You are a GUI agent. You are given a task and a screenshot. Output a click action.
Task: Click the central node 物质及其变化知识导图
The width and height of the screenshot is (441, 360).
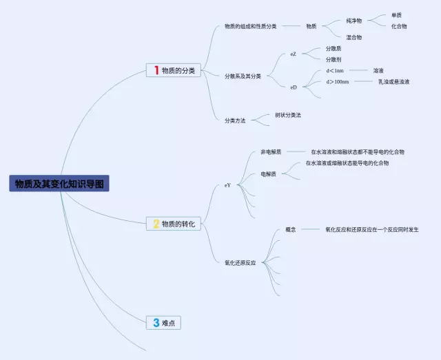click(x=59, y=184)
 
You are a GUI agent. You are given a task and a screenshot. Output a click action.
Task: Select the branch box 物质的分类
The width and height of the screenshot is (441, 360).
click(x=174, y=70)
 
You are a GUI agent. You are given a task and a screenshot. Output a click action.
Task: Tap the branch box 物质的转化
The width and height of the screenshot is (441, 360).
click(x=174, y=224)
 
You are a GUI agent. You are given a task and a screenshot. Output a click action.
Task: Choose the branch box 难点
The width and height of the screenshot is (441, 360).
click(x=164, y=323)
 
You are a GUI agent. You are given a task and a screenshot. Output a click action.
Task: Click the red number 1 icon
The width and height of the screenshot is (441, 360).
click(x=156, y=70)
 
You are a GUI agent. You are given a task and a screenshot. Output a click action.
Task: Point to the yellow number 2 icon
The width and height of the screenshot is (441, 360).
click(x=156, y=224)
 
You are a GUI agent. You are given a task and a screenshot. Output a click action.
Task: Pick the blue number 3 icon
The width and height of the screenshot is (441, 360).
click(x=156, y=323)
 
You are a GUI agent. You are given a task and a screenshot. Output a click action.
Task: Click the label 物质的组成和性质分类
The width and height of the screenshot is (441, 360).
click(x=250, y=26)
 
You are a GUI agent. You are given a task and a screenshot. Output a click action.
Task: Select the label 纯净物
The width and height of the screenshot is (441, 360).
click(x=354, y=21)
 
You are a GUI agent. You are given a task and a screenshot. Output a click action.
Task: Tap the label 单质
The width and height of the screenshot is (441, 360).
click(x=396, y=14)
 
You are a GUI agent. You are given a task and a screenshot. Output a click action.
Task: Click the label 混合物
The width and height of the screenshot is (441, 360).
click(x=354, y=37)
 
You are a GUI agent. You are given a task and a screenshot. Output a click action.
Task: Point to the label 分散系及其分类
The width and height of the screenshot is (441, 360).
click(x=243, y=76)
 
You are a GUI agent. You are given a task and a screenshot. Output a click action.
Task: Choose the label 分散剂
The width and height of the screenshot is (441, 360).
click(x=334, y=60)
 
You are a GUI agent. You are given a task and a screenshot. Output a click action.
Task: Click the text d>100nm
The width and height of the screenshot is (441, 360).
click(x=338, y=82)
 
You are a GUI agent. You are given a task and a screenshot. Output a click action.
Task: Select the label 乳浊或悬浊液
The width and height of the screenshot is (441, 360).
click(x=393, y=82)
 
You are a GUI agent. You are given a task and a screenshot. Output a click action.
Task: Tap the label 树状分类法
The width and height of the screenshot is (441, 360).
click(x=288, y=115)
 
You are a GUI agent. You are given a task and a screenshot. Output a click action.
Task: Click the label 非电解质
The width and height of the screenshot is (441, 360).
click(x=271, y=151)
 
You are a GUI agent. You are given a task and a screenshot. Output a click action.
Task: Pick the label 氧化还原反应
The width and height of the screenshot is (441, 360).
click(x=240, y=263)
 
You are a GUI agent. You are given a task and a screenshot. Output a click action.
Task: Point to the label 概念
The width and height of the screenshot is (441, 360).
click(x=290, y=229)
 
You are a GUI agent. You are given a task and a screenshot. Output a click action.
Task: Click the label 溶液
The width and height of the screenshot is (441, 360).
click(x=378, y=71)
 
